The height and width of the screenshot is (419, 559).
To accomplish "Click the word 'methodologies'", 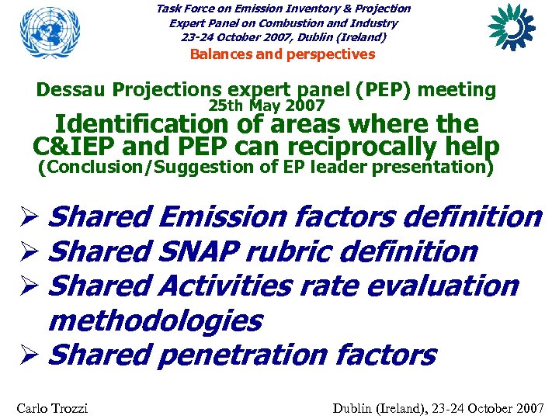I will (x=155, y=320).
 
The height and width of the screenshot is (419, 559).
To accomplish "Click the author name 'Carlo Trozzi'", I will (x=51, y=407).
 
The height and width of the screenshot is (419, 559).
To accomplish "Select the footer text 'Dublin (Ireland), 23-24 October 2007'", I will (x=438, y=407).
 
